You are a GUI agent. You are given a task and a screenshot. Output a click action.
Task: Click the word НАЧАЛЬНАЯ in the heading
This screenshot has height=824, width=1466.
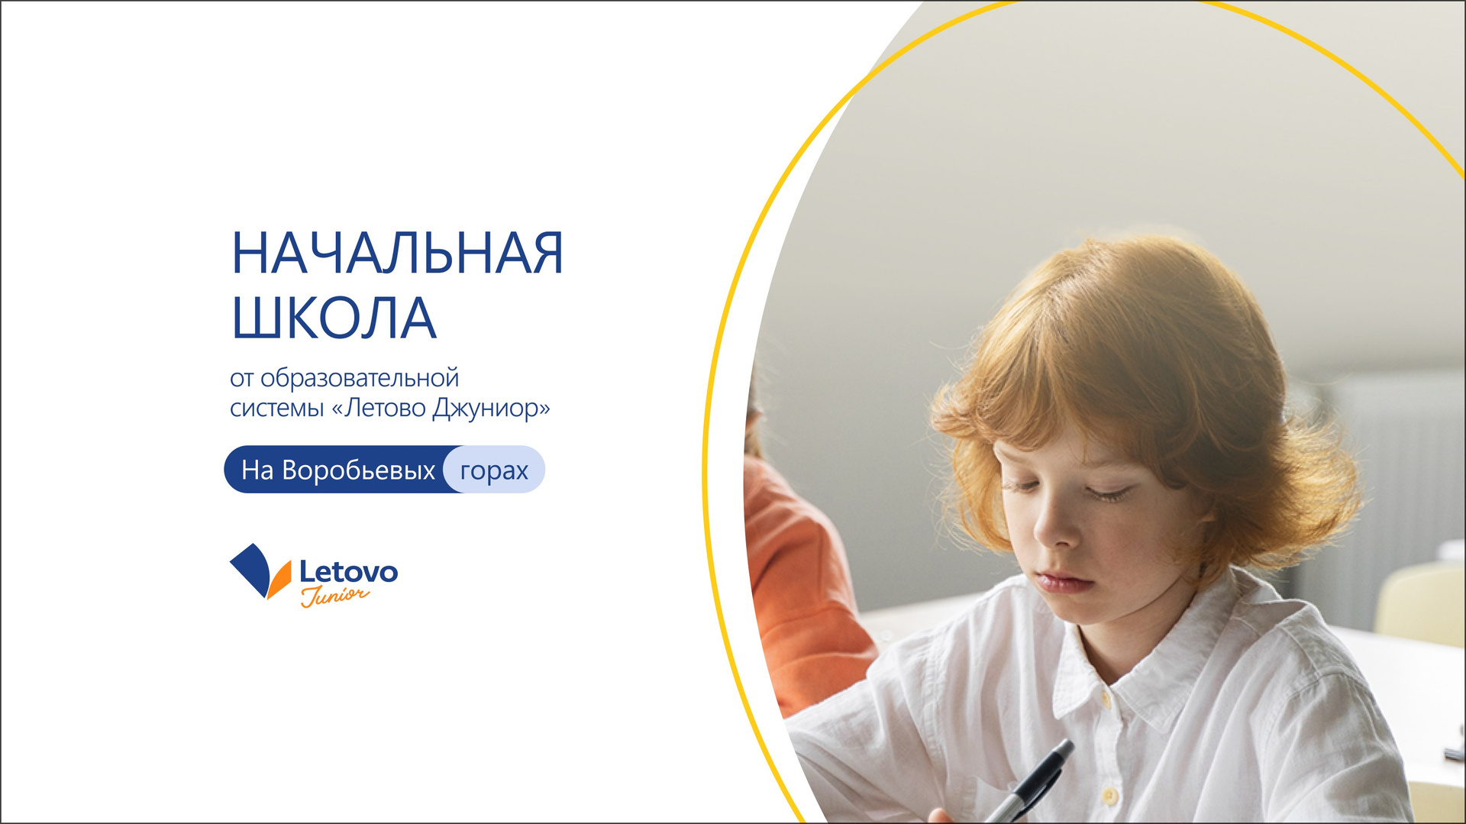(x=397, y=253)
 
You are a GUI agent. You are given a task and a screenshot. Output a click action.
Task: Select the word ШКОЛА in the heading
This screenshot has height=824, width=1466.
(x=334, y=318)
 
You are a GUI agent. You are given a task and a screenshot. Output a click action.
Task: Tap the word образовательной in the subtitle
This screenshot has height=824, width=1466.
(x=360, y=378)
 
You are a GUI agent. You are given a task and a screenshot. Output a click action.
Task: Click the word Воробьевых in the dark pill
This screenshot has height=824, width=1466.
(x=358, y=470)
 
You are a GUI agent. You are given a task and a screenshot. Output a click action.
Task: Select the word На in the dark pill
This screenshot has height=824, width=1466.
(x=257, y=470)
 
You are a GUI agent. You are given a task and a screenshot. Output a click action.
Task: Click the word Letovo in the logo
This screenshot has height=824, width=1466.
(x=348, y=571)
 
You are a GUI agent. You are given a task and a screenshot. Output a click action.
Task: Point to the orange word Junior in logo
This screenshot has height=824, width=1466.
(x=334, y=596)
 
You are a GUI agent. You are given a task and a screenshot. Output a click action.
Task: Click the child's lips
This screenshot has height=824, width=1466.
(x=1063, y=582)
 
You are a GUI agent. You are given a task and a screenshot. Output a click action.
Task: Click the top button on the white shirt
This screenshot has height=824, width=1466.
(x=1105, y=699)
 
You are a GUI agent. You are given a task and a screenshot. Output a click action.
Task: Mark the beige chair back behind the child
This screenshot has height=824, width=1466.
(x=1422, y=603)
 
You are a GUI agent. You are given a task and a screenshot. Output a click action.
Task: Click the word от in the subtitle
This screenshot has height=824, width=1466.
(x=241, y=379)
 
